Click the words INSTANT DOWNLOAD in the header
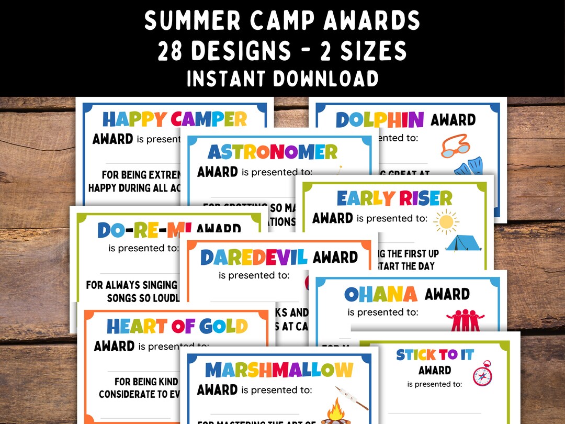tap(282, 79)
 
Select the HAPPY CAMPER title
tap(174, 119)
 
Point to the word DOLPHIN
tap(379, 120)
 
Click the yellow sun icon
tap(446, 221)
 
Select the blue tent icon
tap(463, 242)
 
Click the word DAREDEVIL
tap(253, 257)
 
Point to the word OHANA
tap(380, 294)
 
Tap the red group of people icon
tap(465, 320)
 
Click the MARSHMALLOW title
tap(279, 370)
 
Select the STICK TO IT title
tap(435, 355)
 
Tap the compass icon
tap(482, 374)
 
